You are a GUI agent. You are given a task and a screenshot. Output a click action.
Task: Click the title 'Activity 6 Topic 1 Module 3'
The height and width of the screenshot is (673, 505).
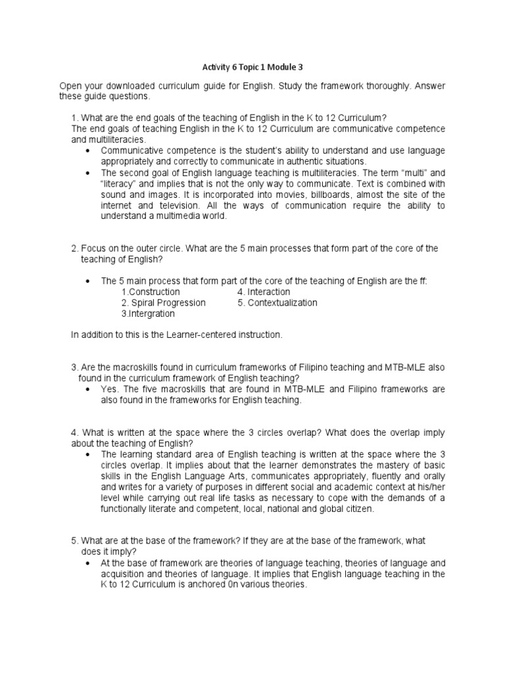[252, 67]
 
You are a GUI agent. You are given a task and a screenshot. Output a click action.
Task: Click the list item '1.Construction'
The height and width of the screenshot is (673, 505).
[151, 292]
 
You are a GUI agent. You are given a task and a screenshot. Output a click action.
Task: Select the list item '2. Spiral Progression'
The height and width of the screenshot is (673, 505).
[164, 303]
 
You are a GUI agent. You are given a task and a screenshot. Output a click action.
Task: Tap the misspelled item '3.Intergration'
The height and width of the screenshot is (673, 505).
[148, 314]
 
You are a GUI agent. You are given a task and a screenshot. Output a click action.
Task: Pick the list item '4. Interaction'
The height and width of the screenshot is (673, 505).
[264, 292]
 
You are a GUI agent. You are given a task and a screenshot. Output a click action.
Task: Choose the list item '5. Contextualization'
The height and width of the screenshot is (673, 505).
[277, 303]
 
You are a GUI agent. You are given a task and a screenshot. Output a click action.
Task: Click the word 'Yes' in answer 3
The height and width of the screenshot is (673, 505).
[108, 390]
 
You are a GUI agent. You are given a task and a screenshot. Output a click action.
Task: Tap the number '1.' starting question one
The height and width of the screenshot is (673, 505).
[74, 118]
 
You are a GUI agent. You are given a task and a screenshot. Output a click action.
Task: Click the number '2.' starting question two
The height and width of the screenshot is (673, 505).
[74, 248]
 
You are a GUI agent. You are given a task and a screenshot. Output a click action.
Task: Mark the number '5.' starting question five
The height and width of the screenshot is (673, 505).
[74, 541]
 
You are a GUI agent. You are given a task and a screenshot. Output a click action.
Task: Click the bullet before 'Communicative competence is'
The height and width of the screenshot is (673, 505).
[88, 151]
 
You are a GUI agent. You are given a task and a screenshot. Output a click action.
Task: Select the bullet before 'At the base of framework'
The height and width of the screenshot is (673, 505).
[88, 564]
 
